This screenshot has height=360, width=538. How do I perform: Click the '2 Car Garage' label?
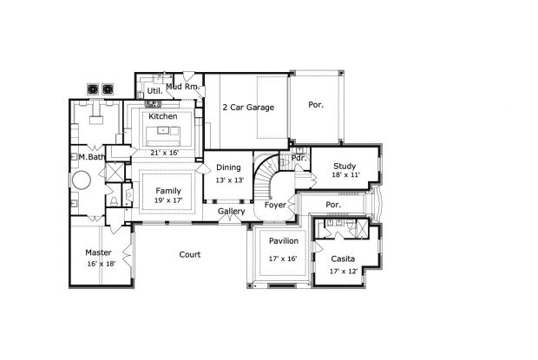(247, 108)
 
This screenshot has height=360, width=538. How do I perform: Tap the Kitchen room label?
(163, 116)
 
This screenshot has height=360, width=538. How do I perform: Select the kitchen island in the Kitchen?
(163, 133)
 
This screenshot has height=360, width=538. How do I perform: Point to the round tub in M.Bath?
(82, 181)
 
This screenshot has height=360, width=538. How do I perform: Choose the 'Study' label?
(344, 165)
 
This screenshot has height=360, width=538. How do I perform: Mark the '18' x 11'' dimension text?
(344, 175)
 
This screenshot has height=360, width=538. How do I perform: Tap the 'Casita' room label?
(342, 259)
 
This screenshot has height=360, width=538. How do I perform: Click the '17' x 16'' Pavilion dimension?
(284, 258)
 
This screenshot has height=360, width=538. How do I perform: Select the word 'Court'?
(190, 254)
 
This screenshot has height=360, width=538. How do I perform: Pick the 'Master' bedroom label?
(98, 252)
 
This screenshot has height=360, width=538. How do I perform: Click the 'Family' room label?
(168, 190)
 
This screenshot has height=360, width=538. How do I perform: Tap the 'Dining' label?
(228, 167)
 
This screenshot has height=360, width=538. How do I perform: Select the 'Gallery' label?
(231, 211)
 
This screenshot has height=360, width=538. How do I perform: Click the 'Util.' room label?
(154, 89)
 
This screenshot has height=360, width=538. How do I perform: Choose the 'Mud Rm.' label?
(183, 87)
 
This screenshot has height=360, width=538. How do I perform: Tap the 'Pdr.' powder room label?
(299, 158)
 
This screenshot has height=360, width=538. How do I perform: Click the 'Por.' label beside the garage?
(316, 105)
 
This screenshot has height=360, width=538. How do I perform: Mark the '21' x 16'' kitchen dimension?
(163, 153)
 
